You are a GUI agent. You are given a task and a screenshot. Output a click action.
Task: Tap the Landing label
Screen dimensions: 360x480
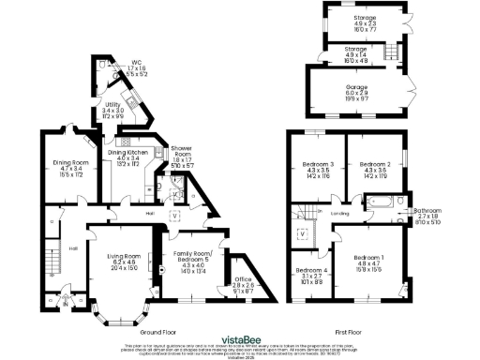(x=339, y=213)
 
